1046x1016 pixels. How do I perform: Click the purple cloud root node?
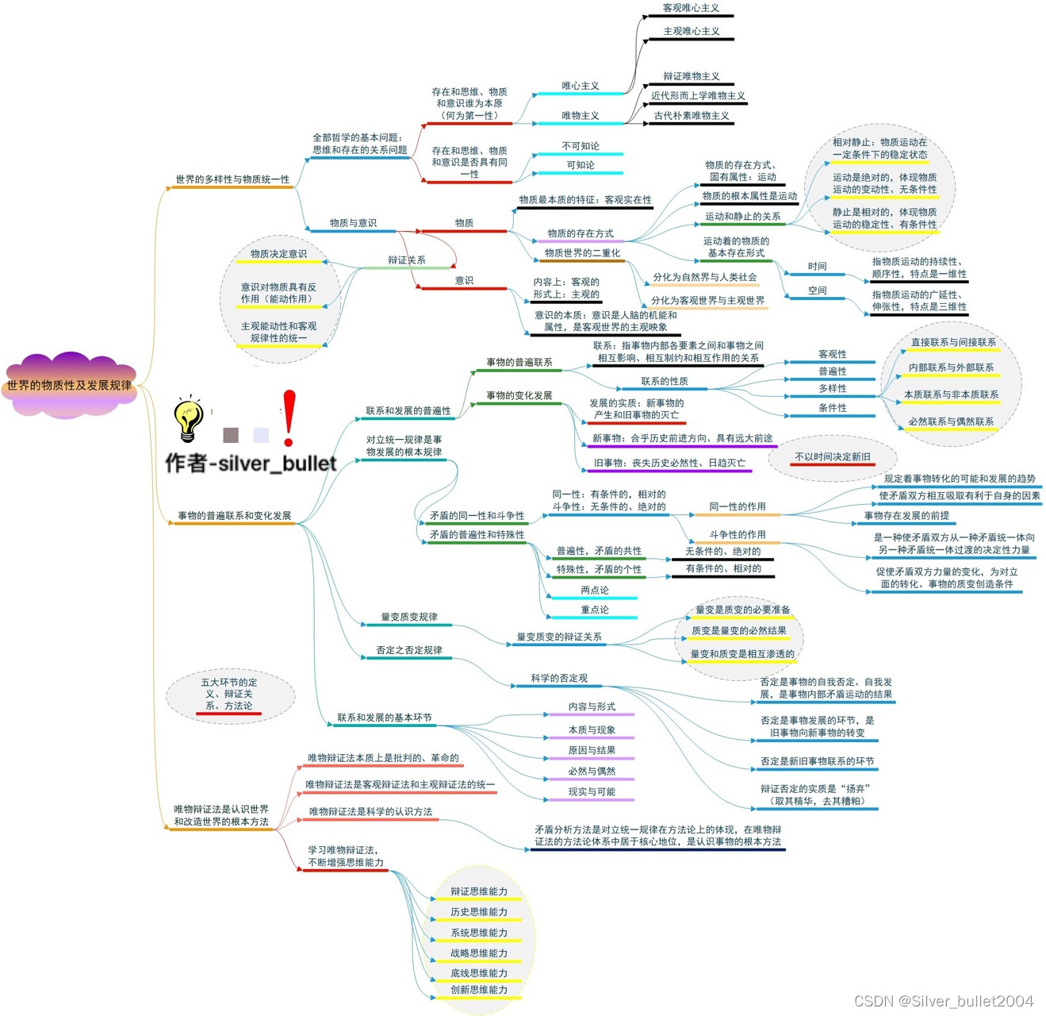(69, 385)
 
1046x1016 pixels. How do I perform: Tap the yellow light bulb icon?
(188, 419)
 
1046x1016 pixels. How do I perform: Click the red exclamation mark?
(289, 417)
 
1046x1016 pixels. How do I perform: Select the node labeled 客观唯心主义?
(691, 8)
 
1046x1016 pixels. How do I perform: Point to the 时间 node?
(817, 266)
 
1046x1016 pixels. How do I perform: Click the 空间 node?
(817, 291)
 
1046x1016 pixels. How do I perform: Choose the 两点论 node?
(595, 590)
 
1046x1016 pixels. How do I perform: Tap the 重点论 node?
(595, 610)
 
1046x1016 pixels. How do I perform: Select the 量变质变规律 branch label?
(408, 617)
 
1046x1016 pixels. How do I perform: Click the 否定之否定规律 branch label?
(409, 650)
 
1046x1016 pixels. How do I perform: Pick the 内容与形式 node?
(592, 706)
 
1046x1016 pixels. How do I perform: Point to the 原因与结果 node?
(592, 750)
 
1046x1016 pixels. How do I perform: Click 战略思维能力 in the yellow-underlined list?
(479, 952)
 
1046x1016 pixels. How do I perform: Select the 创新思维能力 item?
(479, 990)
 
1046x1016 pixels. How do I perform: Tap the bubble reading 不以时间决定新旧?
(833, 456)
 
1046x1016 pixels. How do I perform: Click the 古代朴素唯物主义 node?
(691, 116)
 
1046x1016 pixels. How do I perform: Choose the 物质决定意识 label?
(278, 254)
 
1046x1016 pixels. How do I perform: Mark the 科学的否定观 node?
(559, 678)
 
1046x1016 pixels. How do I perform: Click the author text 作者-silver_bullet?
(251, 463)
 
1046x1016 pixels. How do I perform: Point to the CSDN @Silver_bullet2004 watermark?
(944, 1001)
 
